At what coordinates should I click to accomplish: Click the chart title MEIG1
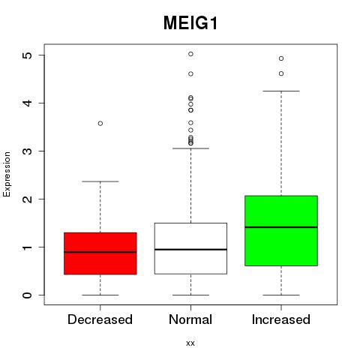[x=190, y=23]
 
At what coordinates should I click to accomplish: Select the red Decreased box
[x=100, y=253]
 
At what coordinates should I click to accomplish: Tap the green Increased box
[x=281, y=231]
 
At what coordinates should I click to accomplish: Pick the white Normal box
[x=190, y=248]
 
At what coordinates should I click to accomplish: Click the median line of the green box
[x=281, y=227]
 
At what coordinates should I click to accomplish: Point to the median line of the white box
[x=190, y=250]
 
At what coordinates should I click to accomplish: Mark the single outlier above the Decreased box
[x=100, y=124]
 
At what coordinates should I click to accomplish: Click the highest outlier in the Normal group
[x=190, y=54]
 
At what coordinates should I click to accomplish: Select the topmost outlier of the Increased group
[x=281, y=58]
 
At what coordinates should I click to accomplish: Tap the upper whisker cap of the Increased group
[x=281, y=91]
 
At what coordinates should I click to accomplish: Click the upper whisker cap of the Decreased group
[x=100, y=181]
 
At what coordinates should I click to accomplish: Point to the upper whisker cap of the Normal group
[x=190, y=148]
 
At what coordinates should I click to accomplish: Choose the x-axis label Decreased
[x=100, y=319]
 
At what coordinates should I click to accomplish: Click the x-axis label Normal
[x=190, y=319]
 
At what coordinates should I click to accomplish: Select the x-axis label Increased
[x=281, y=319]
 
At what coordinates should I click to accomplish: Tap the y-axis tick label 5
[x=27, y=55]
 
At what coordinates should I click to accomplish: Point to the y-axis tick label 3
[x=27, y=151]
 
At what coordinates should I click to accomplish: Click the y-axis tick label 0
[x=27, y=295]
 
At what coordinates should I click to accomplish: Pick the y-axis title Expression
[x=7, y=174]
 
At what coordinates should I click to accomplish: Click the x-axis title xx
[x=190, y=343]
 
